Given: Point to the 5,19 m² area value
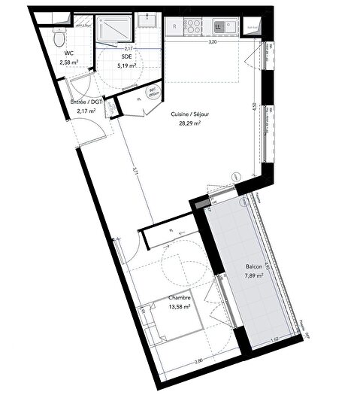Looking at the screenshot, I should [126, 65].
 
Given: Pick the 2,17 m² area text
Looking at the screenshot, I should [86, 111].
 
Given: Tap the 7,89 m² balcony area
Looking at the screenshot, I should [254, 277].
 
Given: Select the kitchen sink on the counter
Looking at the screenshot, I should [219, 26].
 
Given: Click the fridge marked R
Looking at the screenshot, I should [174, 26].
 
